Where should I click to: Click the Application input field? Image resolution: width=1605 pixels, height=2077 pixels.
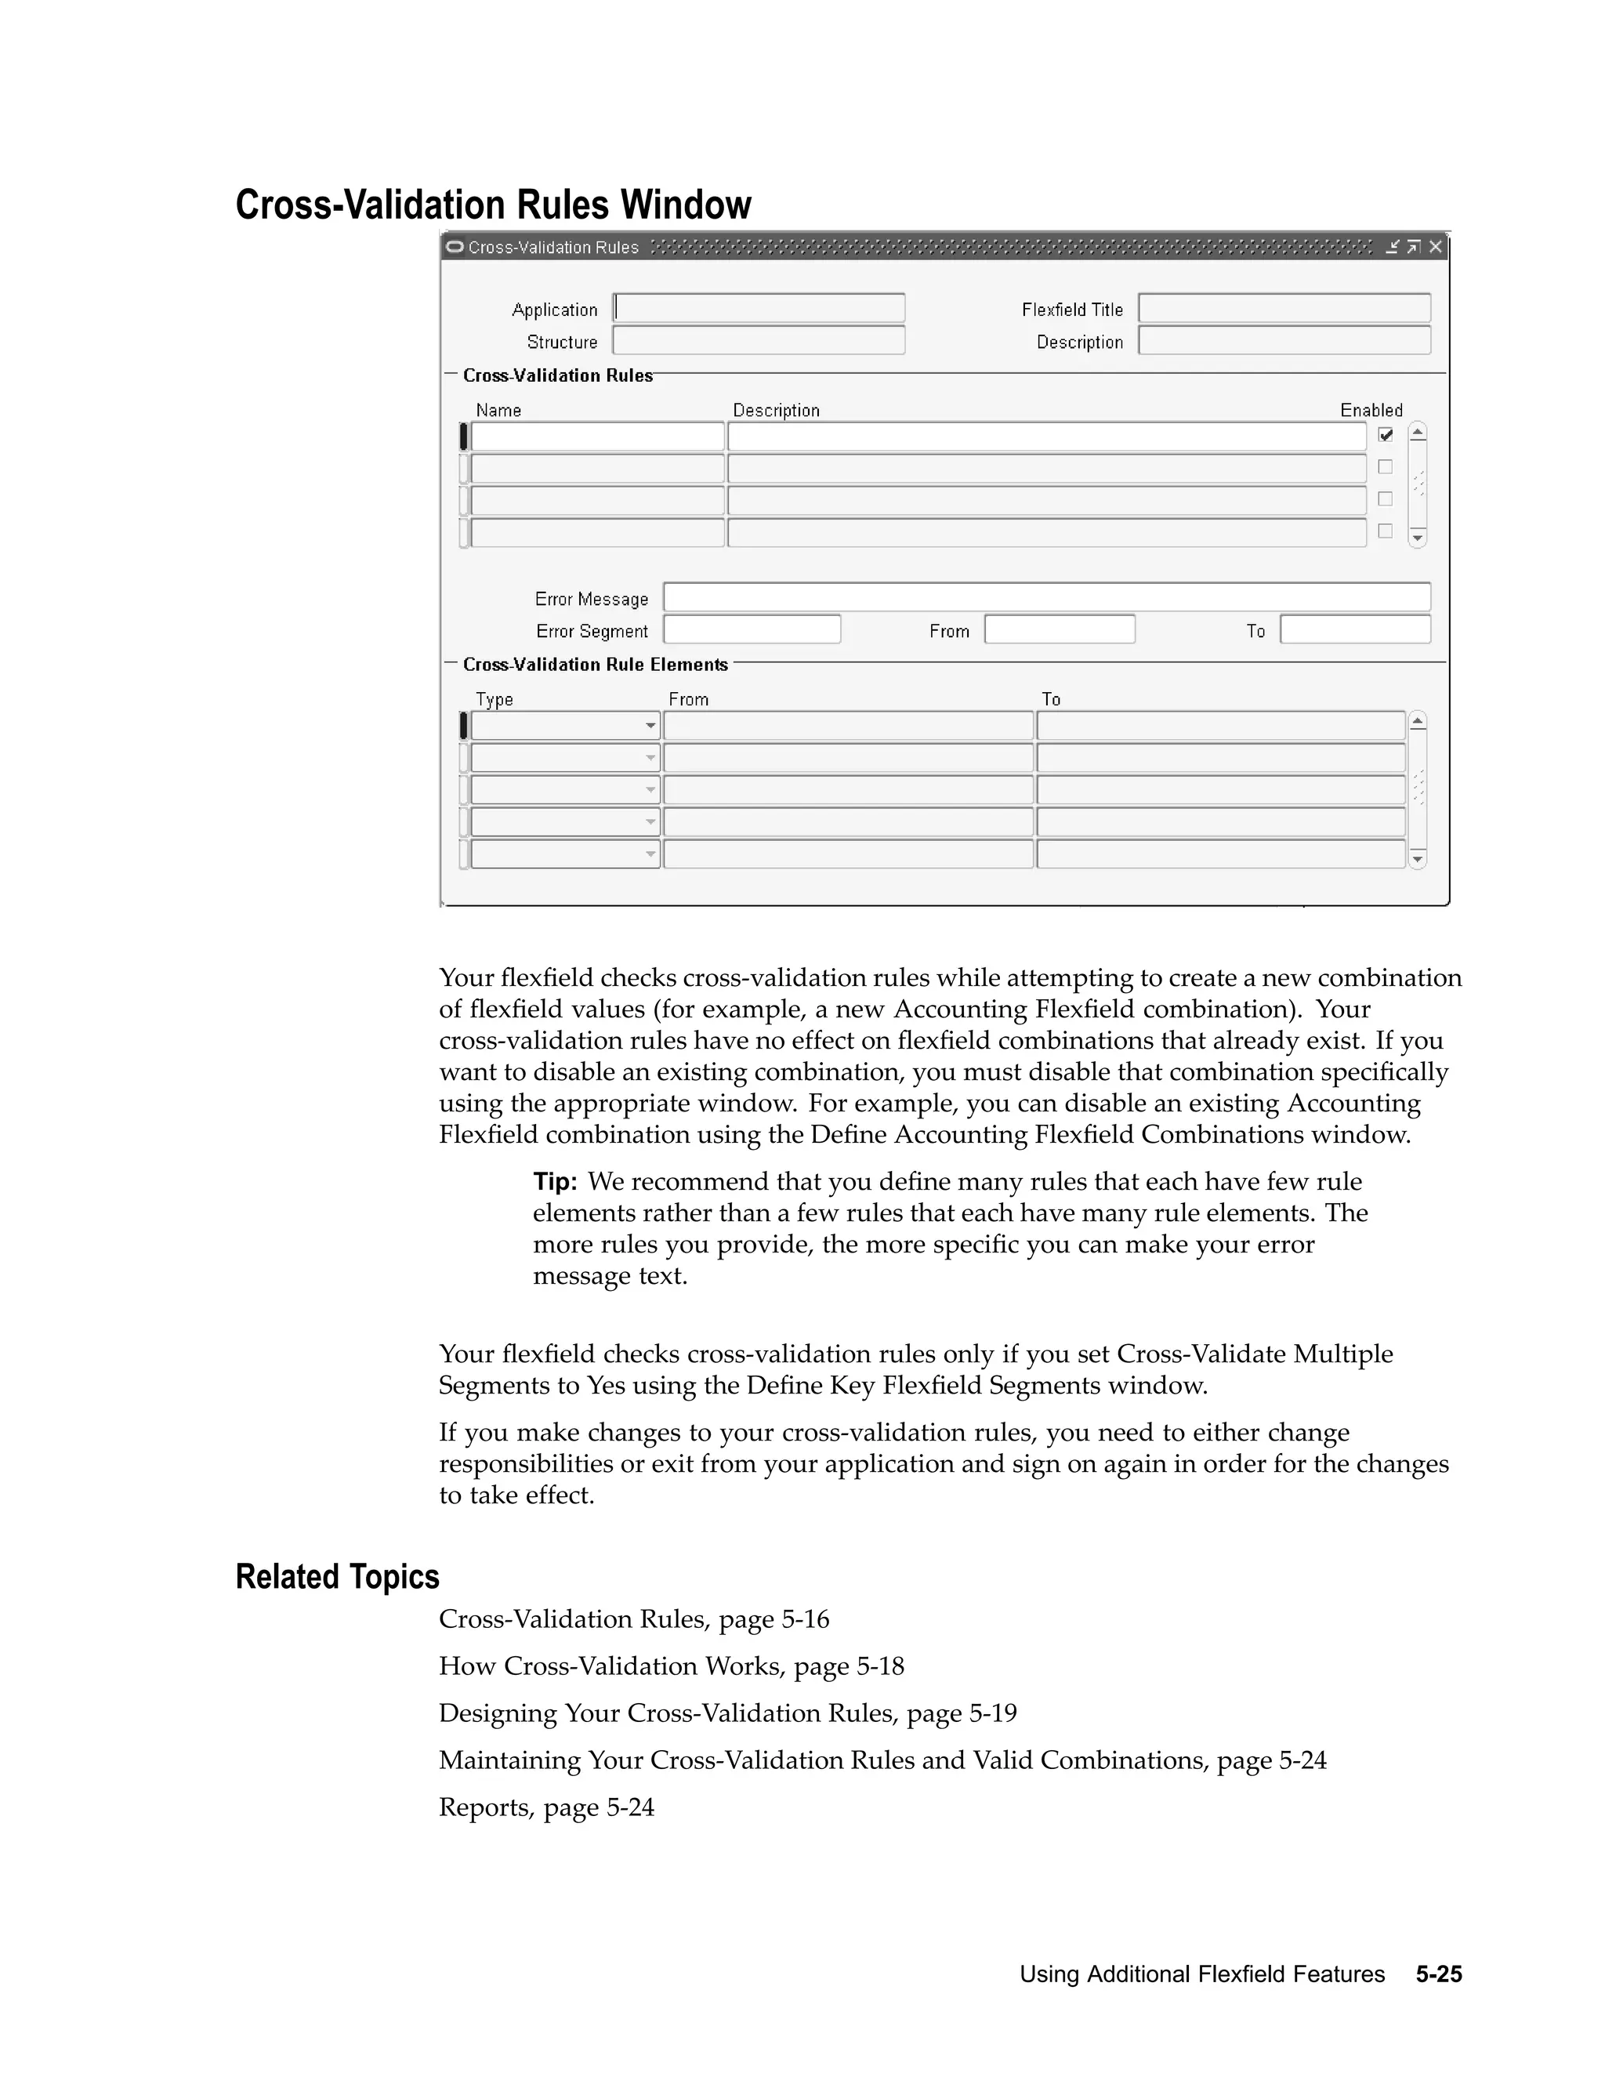[x=759, y=308]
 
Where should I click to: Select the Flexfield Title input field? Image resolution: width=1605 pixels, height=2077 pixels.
[x=1284, y=308]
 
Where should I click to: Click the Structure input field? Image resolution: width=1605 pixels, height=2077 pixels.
[x=759, y=340]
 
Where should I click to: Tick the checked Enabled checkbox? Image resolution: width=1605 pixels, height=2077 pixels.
[x=1386, y=435]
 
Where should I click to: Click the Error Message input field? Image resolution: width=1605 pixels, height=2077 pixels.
[x=1046, y=597]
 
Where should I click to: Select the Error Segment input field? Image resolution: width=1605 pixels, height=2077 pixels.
[x=751, y=629]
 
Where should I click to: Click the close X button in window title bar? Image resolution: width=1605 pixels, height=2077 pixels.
[x=1436, y=247]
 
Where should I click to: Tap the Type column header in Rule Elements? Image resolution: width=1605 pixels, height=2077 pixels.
[x=495, y=699]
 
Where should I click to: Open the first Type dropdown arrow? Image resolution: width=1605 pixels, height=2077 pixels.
[x=650, y=726]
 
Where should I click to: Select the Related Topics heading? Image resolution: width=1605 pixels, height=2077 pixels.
[x=338, y=1577]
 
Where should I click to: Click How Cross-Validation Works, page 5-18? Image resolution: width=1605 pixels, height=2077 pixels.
[x=672, y=1666]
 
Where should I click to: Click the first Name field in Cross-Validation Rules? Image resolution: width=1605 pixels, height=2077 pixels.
[x=597, y=437]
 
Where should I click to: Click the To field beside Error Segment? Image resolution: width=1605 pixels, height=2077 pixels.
[x=1355, y=629]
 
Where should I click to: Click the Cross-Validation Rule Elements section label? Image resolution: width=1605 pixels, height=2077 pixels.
[x=596, y=665]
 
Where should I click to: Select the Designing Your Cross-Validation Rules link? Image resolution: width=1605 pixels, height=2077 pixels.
[x=727, y=1713]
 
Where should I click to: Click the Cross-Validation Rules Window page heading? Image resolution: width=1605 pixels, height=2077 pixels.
[x=494, y=205]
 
